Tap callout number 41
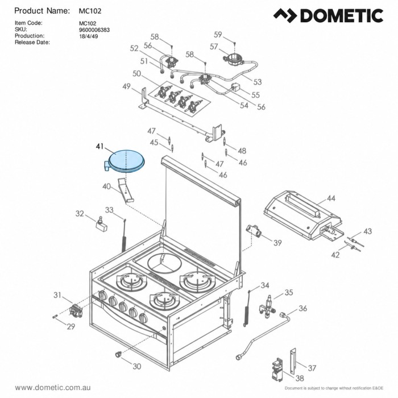100,147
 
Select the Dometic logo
328,15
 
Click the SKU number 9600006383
94,30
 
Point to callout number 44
331,198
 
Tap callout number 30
137,366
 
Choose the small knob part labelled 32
102,225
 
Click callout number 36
302,308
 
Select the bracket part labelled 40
126,190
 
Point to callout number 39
277,243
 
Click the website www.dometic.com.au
53,388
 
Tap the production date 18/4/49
89,36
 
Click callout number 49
126,86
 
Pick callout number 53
258,82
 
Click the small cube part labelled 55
236,88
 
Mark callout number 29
71,326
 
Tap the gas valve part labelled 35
267,306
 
